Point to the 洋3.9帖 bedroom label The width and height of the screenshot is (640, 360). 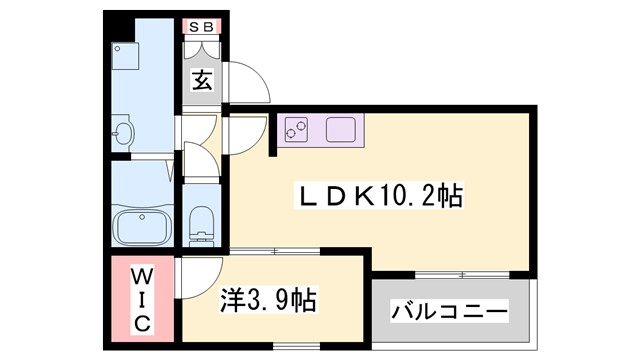pos(268,299)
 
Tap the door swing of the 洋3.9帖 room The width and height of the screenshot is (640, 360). pos(199,274)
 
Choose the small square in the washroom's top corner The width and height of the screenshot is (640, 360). pos(119,49)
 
